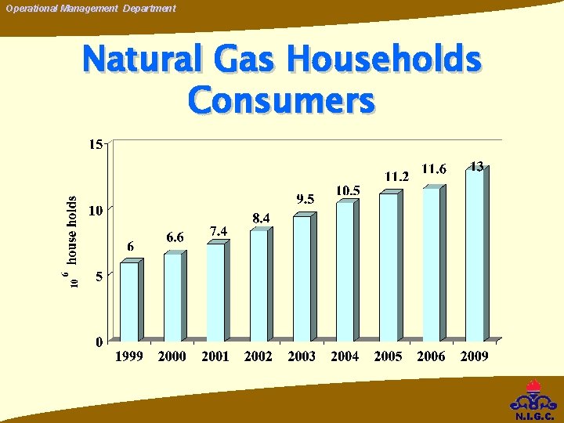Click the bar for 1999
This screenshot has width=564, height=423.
[x=129, y=301]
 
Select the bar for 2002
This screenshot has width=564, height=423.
[x=258, y=285]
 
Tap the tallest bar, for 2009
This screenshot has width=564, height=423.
[x=475, y=255]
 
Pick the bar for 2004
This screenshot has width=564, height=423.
[x=345, y=271]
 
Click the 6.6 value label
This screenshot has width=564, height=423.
[x=175, y=237]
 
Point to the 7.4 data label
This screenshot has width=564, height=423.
[x=219, y=230]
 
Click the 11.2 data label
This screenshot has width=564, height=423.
[x=397, y=177]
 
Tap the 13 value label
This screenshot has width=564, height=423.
[x=476, y=166]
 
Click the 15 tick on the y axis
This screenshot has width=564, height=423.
[x=95, y=144]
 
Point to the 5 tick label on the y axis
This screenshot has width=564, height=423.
[x=98, y=276]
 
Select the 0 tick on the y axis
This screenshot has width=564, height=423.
[x=98, y=342]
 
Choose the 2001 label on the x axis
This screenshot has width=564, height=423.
[x=215, y=356]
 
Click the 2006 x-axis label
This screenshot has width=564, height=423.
[x=431, y=356]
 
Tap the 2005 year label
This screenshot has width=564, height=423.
[x=388, y=356]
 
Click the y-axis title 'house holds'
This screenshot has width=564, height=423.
[x=72, y=230]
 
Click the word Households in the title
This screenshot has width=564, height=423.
[x=383, y=60]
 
